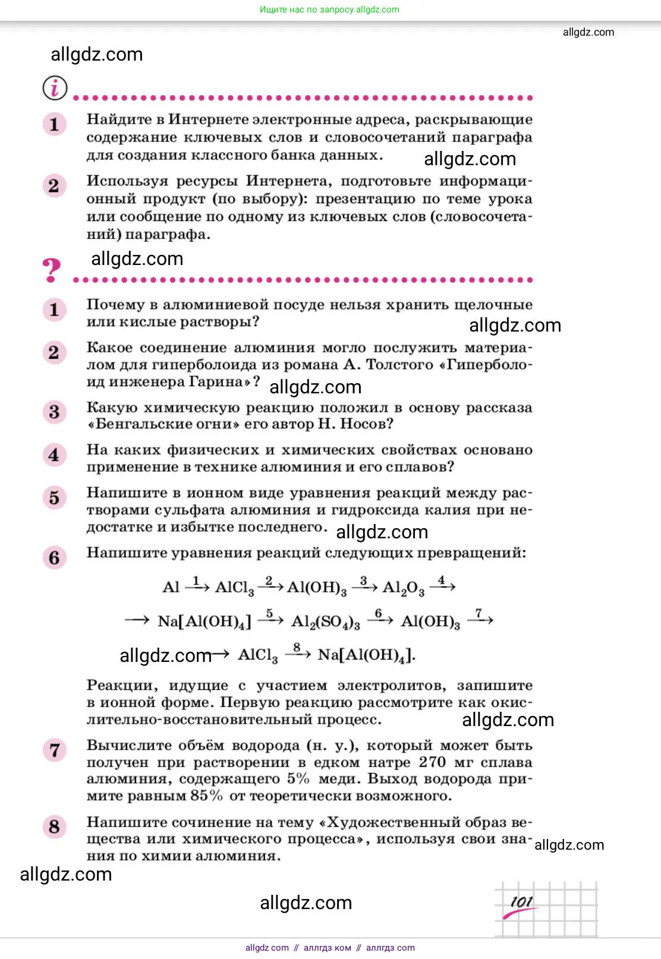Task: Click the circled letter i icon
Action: tap(55, 89)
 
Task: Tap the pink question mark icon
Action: tap(52, 270)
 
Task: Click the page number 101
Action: tap(521, 902)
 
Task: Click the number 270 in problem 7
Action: tap(432, 762)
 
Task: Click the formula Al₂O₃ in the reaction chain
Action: tap(403, 588)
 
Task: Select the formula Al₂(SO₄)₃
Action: tap(326, 622)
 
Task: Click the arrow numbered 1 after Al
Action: tap(197, 585)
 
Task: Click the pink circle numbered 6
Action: tap(54, 558)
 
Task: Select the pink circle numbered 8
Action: tap(54, 826)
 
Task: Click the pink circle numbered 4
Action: tap(54, 455)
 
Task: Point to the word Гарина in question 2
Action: tap(218, 381)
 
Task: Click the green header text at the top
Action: tap(329, 10)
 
